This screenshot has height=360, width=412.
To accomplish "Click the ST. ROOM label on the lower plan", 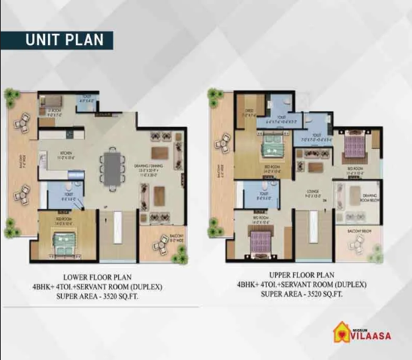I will tap(53, 111).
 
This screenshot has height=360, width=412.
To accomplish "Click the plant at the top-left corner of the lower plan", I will tap(11, 96).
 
